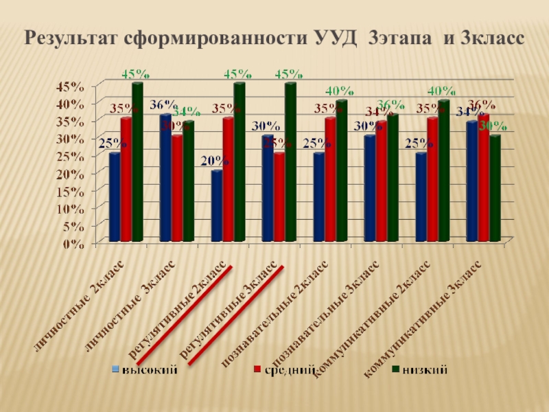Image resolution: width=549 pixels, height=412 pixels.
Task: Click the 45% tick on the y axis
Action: [71, 87]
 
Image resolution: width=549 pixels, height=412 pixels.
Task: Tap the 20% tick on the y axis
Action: [71, 174]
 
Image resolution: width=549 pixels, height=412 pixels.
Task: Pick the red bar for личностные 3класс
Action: [177, 188]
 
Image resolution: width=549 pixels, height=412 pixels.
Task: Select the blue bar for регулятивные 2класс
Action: [216, 206]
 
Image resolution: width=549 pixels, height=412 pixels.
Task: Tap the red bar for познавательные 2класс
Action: [330, 179]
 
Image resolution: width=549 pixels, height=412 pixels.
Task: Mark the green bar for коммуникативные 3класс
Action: [494, 188]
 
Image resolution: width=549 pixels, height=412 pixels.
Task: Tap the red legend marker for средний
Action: [257, 370]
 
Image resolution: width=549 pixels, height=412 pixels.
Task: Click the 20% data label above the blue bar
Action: [215, 161]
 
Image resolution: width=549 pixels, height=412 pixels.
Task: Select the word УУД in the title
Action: [337, 37]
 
